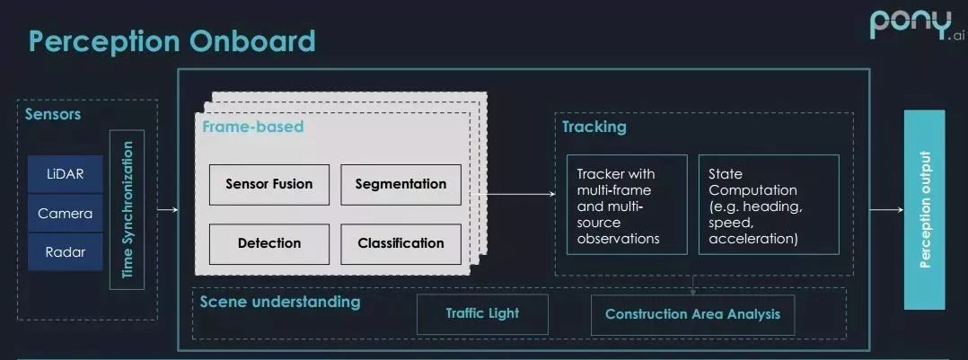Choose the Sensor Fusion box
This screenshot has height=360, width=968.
(269, 184)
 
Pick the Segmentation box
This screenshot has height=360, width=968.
(400, 184)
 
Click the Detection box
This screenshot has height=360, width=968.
(269, 242)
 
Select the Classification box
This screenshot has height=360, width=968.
(400, 242)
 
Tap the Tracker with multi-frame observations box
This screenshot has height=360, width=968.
(627, 206)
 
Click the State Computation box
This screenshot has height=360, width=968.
(769, 206)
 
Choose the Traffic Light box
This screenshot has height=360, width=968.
(482, 314)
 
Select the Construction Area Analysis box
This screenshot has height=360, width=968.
(692, 314)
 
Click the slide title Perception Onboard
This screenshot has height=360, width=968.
(172, 41)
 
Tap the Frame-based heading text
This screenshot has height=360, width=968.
(252, 127)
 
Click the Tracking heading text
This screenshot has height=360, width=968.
(594, 127)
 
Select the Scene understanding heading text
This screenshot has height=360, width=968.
(279, 302)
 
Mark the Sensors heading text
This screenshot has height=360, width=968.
(53, 114)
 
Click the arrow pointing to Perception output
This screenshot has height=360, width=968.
(886, 210)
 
